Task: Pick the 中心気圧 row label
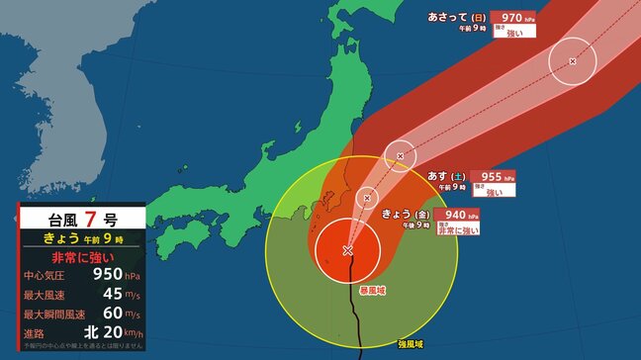(x=44, y=275)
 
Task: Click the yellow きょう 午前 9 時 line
(x=83, y=238)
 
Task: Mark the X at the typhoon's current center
(x=347, y=250)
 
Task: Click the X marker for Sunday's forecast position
(x=573, y=61)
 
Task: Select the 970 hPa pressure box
(x=513, y=17)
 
